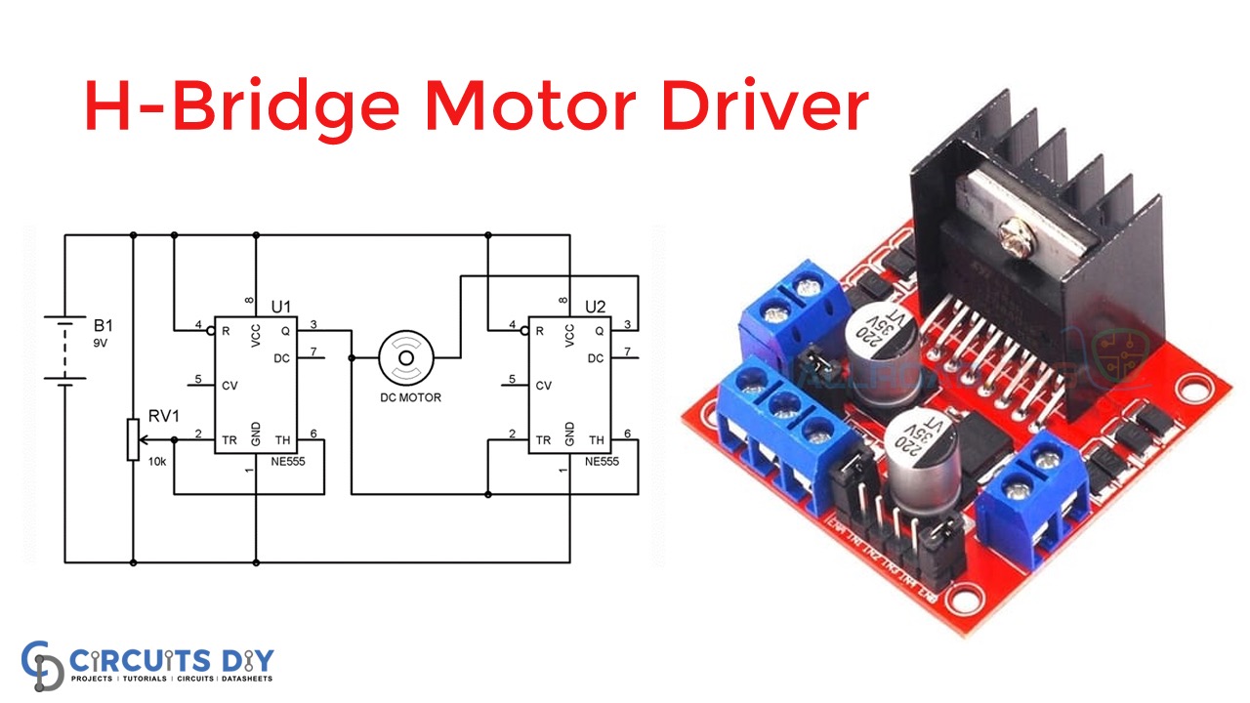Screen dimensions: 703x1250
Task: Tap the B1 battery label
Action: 103,323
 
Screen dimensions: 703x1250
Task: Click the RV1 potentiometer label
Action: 162,416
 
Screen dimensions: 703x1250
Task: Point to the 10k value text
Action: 157,461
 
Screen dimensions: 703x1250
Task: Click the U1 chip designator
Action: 280,307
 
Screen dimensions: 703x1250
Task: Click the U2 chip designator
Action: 595,307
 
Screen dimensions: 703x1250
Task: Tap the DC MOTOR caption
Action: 410,397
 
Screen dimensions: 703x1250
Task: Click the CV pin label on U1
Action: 229,386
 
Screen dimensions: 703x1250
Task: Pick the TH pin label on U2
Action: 597,440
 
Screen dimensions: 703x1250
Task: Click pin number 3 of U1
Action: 312,324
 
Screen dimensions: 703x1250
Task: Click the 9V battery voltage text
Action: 101,344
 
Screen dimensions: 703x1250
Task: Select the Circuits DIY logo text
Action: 170,658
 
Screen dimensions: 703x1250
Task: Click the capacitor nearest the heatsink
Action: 883,341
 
